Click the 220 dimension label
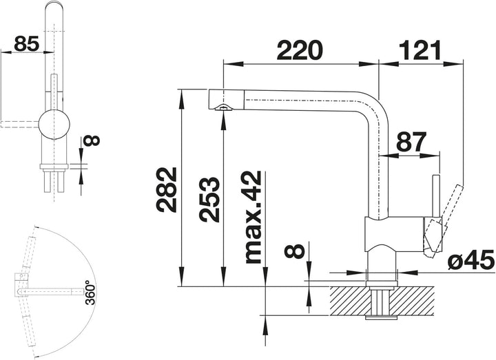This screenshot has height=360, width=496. pyautogui.click(x=299, y=50)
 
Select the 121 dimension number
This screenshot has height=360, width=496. pyautogui.click(x=420, y=50)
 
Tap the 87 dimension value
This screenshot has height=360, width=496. pyautogui.click(x=411, y=142)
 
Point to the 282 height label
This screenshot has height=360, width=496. pyautogui.click(x=167, y=190)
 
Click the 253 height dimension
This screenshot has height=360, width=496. pyautogui.click(x=209, y=199)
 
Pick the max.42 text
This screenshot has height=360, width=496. pyautogui.click(x=252, y=217)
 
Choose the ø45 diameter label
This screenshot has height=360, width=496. pyautogui.click(x=471, y=260)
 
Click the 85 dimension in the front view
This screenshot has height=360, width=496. pyautogui.click(x=26, y=43)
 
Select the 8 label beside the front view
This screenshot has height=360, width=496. pyautogui.click(x=92, y=140)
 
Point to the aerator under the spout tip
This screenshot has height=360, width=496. pyautogui.click(x=223, y=107)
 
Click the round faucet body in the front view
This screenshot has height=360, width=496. pyautogui.click(x=54, y=124)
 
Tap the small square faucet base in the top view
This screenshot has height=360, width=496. pyautogui.click(x=22, y=282)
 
